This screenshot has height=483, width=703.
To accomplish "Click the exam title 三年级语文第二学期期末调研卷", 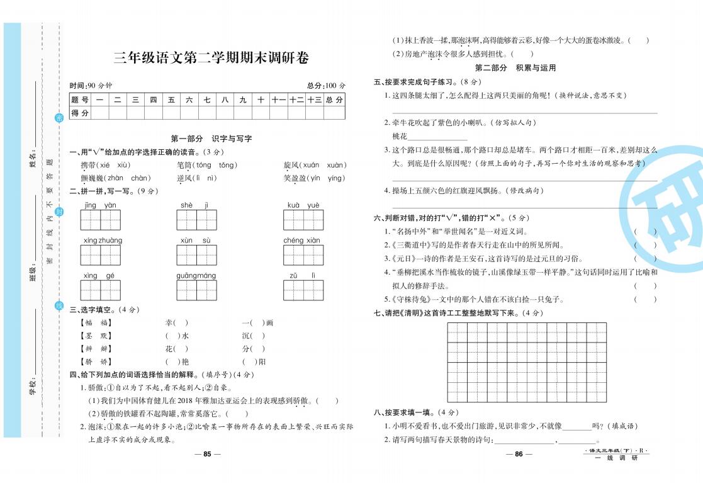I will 211,59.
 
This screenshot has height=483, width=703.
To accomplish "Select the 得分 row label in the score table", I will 80,113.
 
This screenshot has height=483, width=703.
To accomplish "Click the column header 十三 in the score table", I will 314,99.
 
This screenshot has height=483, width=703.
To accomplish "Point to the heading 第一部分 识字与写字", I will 211,139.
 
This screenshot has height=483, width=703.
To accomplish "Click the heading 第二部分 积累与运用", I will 515,68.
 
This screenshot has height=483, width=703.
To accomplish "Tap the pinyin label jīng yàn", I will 100,206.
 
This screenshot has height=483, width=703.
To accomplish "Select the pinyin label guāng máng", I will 196,276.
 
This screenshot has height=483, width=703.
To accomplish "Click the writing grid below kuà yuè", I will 303,220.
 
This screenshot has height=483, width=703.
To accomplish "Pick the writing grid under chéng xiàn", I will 303,255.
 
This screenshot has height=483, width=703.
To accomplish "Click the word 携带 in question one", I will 89,165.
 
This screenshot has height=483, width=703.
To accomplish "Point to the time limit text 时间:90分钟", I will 91,86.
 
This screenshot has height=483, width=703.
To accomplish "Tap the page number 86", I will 515,455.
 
